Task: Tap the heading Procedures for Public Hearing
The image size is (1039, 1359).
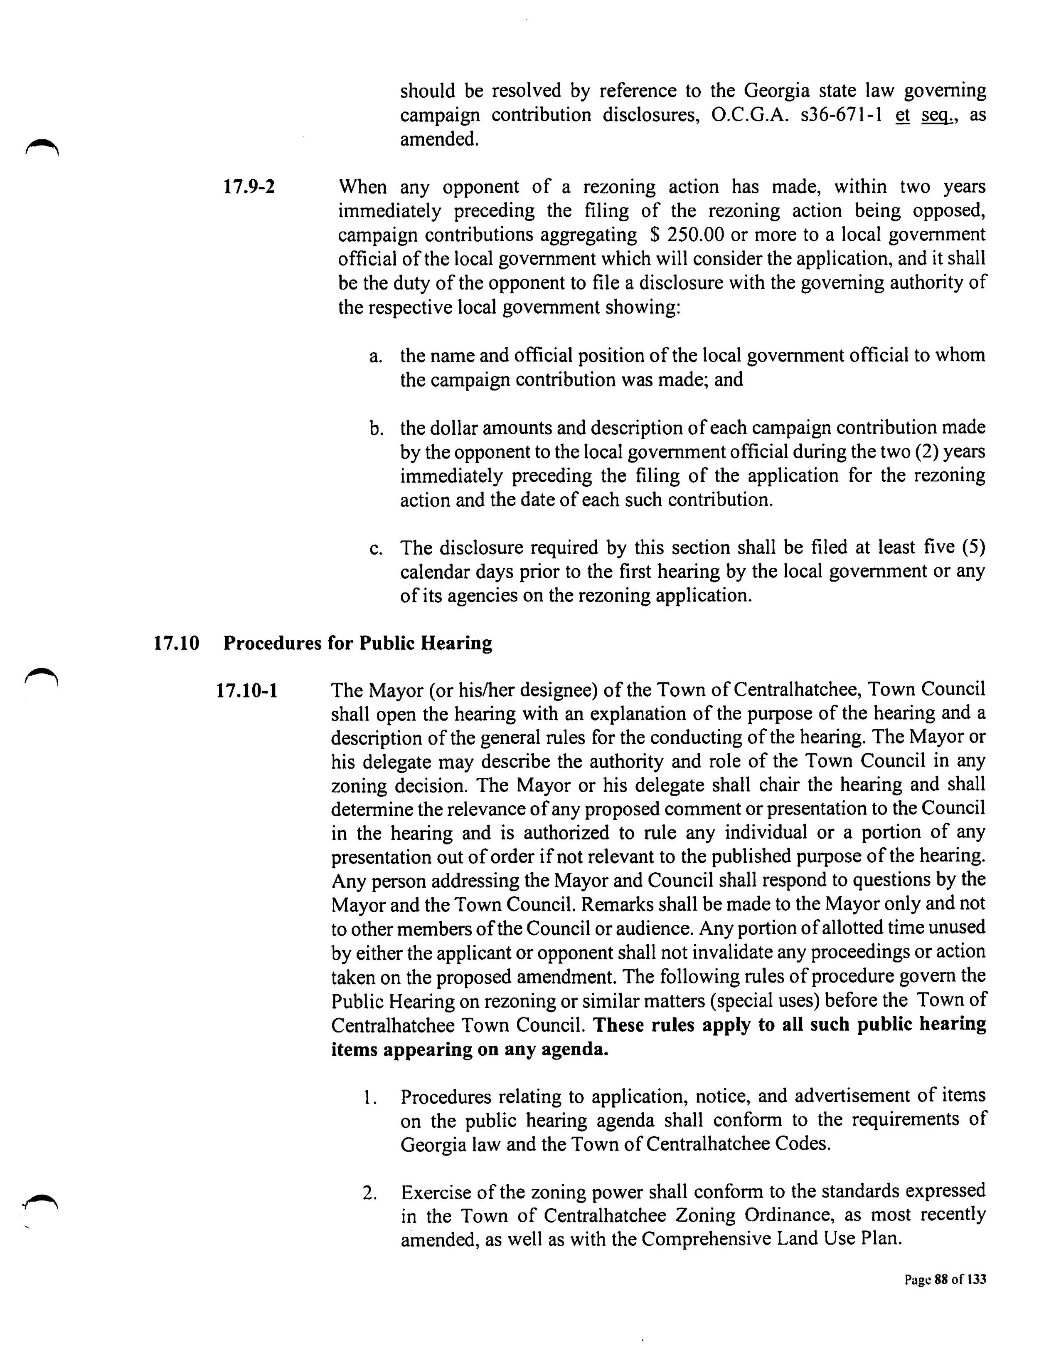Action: click(x=357, y=643)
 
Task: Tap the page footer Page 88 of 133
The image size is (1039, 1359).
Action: click(x=945, y=1279)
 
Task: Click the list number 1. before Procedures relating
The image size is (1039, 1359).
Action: click(x=370, y=1097)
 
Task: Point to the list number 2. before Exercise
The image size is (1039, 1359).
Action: click(x=370, y=1193)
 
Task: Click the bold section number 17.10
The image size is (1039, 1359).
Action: click(x=176, y=644)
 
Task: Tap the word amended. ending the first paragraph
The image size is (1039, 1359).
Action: click(x=439, y=139)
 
